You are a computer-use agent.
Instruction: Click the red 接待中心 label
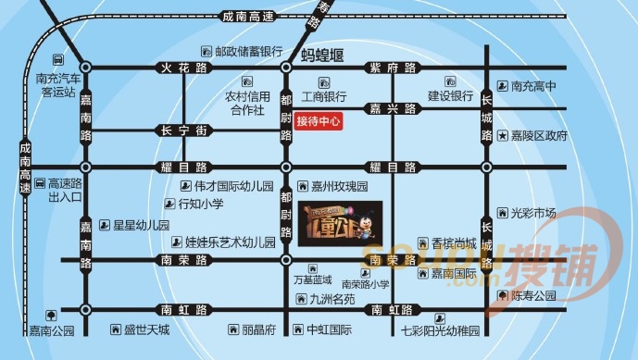coord(319,120)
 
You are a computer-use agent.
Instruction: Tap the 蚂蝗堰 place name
coord(326,55)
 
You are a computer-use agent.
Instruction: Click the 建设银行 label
coord(450,95)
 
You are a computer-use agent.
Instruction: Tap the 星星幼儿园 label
coord(141,225)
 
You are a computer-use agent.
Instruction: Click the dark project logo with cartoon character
coord(340,223)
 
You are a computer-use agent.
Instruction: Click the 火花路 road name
coord(174,67)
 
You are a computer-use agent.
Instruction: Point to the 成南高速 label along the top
coord(243,16)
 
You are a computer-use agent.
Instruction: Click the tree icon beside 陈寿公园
coord(503,296)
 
